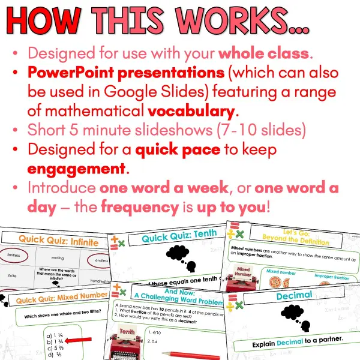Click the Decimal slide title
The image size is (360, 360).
click(x=294, y=295)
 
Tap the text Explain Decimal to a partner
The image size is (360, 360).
click(x=293, y=345)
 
